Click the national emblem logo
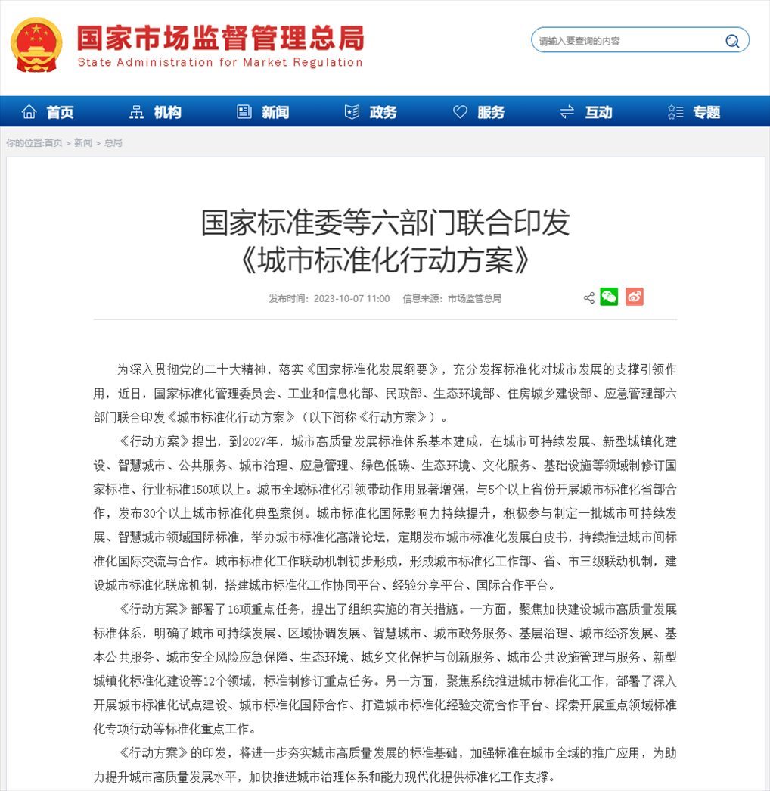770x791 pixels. tap(37, 44)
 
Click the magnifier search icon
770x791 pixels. tap(732, 41)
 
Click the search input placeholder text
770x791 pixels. tap(579, 41)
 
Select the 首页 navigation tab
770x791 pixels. tap(50, 112)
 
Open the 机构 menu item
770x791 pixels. tap(157, 112)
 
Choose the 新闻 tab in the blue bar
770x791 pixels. tap(264, 112)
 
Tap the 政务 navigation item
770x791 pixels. tap(371, 112)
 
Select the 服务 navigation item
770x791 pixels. tap(480, 112)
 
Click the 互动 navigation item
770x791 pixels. tap(587, 112)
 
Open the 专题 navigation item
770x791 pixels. tap(695, 112)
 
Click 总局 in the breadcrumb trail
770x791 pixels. tap(113, 142)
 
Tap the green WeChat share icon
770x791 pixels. tap(609, 297)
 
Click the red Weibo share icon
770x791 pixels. tap(635, 297)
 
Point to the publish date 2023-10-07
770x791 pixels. tap(339, 298)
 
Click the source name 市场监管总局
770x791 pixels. tap(474, 298)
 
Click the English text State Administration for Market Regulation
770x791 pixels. tap(220, 63)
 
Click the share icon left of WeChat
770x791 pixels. tap(588, 297)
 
